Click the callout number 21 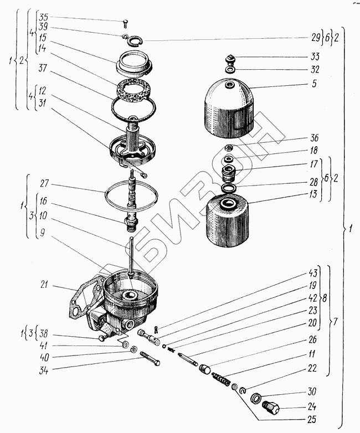pos(44,286)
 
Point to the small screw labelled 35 pos(125,23)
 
